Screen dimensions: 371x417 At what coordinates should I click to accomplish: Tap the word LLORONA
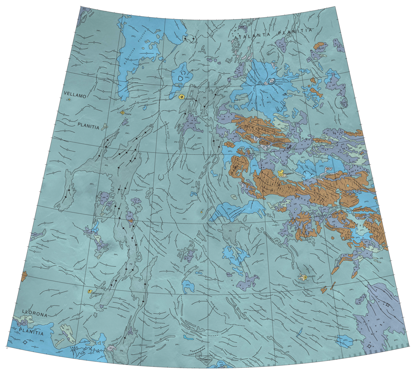pyautogui.click(x=35, y=315)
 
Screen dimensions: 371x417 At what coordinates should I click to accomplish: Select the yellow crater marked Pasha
pyautogui.click(x=123, y=112)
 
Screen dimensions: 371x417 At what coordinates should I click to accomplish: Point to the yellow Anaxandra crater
pyautogui.click(x=181, y=97)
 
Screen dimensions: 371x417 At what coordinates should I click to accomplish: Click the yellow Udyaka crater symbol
pyautogui.click(x=304, y=277)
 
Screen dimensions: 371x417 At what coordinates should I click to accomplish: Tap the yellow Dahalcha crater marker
pyautogui.click(x=90, y=291)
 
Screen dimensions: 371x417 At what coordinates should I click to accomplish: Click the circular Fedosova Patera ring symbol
pyautogui.click(x=271, y=82)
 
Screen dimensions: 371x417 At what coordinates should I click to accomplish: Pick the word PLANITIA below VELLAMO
pyautogui.click(x=88, y=127)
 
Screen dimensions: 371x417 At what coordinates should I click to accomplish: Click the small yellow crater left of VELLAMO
pyautogui.click(x=68, y=100)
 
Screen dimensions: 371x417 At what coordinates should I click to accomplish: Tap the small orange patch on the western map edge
pyautogui.click(x=24, y=275)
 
